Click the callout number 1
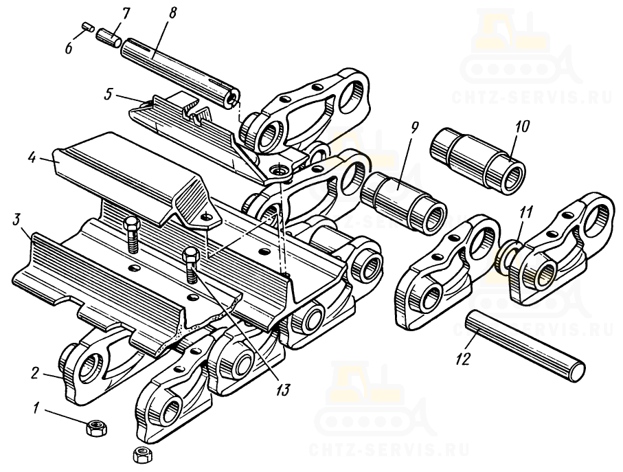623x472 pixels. point(36,408)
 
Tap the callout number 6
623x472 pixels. point(69,49)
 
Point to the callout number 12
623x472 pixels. point(464,359)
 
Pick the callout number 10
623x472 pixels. point(521,126)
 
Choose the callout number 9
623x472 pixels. point(414,129)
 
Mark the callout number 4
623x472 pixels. point(32,158)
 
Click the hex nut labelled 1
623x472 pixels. point(95,427)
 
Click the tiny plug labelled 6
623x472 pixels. point(87,27)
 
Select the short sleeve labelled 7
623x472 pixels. point(109,37)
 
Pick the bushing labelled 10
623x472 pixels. point(477,160)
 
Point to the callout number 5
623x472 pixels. point(109,95)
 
